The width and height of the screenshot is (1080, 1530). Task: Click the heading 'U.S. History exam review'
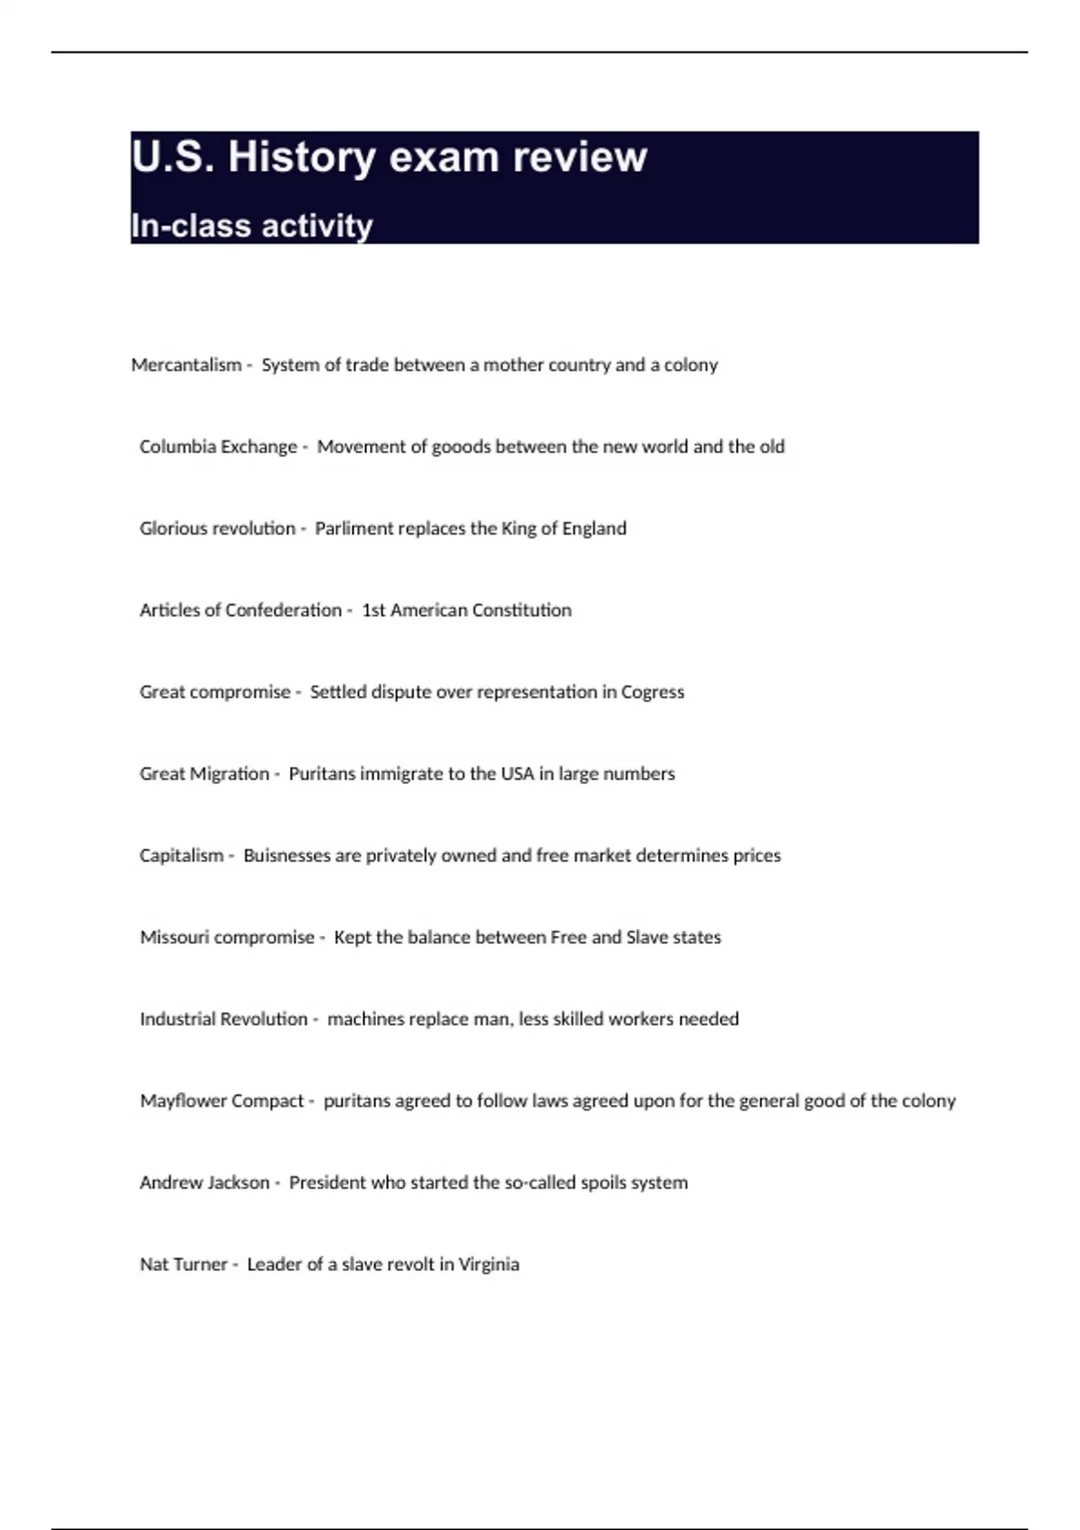pos(389,157)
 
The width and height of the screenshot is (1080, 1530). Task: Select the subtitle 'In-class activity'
pos(252,226)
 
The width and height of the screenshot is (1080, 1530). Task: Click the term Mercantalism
pos(186,365)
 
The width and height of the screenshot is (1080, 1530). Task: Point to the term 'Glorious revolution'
pos(217,528)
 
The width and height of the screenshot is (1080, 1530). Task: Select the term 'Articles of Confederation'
pos(240,610)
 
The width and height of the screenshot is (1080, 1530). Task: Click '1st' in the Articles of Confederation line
pos(373,610)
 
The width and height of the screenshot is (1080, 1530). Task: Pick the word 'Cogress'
pos(652,692)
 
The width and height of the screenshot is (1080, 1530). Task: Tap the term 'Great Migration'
pos(204,774)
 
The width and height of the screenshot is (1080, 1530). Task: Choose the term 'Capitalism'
pos(181,856)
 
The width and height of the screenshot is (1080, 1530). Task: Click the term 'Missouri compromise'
pos(227,938)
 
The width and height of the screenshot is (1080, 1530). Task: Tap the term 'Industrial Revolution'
pos(223,1020)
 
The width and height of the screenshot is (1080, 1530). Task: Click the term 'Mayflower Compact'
pos(221,1102)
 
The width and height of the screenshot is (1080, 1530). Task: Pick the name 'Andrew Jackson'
pos(204,1183)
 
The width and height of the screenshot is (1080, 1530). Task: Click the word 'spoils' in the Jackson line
pos(579,1183)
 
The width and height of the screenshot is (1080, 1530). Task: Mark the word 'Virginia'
pos(489,1264)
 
